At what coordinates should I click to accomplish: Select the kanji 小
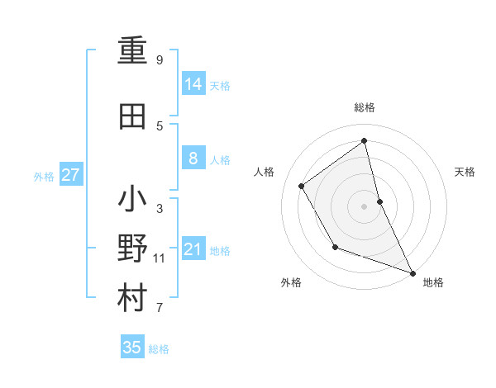133,199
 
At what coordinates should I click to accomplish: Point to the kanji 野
133,248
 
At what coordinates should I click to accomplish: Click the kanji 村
133,298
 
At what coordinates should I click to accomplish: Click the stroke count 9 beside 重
160,60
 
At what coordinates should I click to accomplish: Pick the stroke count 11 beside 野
160,258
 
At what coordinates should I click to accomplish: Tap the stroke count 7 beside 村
160,309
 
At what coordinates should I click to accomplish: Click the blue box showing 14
193,83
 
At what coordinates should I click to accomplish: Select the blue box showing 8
193,159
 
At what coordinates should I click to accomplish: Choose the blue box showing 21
193,249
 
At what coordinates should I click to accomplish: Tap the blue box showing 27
70,175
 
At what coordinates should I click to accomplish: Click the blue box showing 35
131,348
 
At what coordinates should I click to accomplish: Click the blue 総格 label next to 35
159,349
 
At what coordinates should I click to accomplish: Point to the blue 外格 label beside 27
43,177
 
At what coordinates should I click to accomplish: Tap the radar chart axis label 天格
465,172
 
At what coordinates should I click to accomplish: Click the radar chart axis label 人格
264,172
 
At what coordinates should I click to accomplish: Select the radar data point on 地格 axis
413,273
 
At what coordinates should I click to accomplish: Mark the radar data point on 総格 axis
365,140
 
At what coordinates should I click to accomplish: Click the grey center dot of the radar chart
364,206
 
